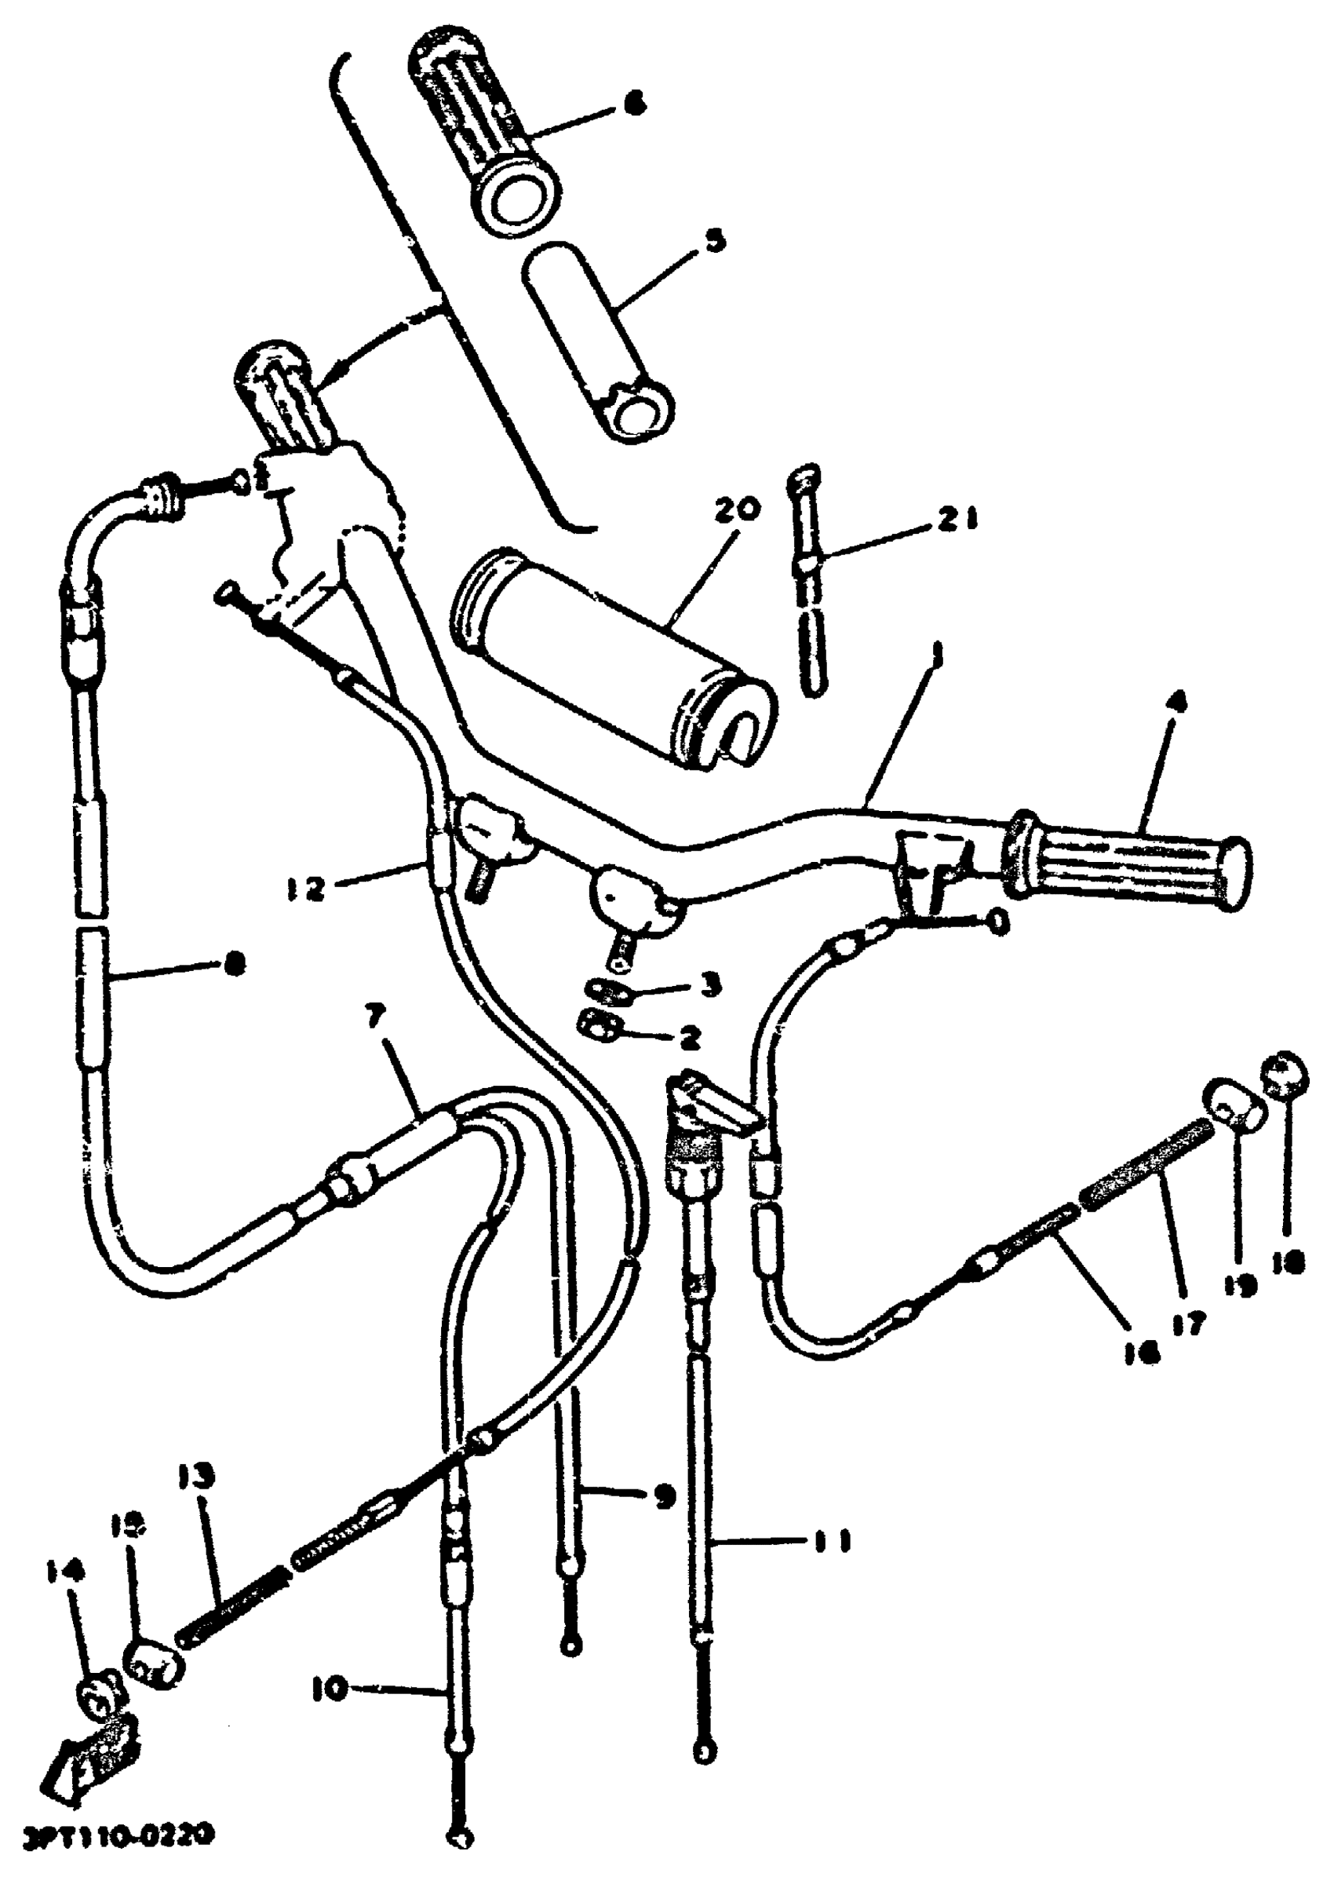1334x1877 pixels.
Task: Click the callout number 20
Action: [738, 509]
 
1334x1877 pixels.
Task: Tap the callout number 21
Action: [958, 520]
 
